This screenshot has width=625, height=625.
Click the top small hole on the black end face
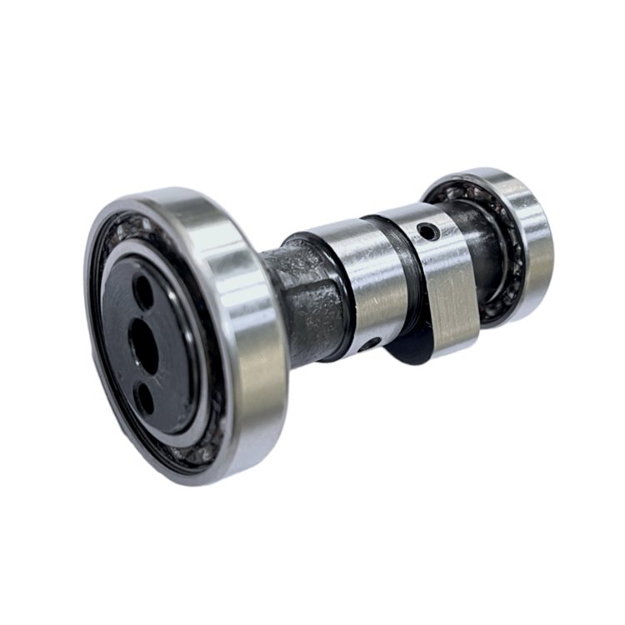[x=143, y=292]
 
